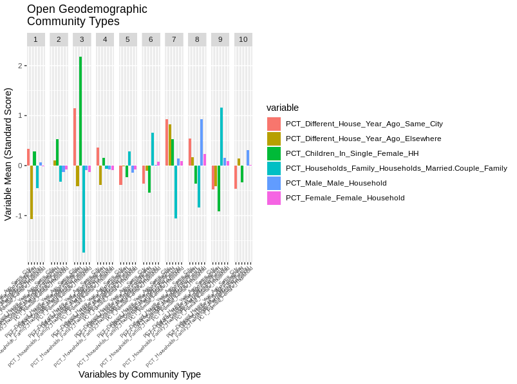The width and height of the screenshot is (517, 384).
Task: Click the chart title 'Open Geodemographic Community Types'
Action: pyautogui.click(x=87, y=15)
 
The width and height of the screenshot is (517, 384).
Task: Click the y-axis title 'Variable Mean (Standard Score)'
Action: pyautogui.click(x=8, y=155)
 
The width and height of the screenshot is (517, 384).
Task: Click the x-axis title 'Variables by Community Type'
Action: pyautogui.click(x=140, y=374)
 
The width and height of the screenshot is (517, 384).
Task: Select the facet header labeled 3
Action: pyautogui.click(x=82, y=39)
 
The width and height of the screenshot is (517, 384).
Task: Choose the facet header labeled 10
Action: pyautogui.click(x=243, y=39)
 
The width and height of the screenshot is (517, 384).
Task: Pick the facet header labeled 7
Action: pyautogui.click(x=174, y=39)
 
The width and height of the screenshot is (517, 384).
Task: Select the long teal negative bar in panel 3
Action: pyautogui.click(x=84, y=209)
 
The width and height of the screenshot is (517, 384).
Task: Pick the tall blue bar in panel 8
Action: pyautogui.click(x=202, y=142)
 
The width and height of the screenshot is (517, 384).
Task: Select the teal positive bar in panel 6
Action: pyautogui.click(x=153, y=149)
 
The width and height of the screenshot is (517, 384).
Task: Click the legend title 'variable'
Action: pyautogui.click(x=283, y=108)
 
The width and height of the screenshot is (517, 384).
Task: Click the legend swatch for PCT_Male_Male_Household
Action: pyautogui.click(x=274, y=183)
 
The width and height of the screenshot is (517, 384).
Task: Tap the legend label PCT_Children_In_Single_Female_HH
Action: pyautogui.click(x=352, y=153)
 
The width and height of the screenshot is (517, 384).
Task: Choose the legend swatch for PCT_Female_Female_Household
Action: pyautogui.click(x=274, y=198)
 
